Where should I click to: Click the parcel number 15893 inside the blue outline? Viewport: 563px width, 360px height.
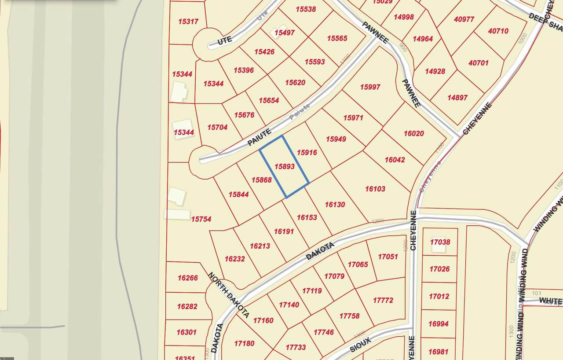pos(284,166)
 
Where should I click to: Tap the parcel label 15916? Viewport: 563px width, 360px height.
pos(307,153)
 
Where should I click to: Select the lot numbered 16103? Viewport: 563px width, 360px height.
pos(375,189)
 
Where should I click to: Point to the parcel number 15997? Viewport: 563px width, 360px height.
pos(370,87)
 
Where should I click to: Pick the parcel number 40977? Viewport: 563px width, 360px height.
pos(464,19)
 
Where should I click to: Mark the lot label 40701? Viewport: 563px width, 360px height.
pos(478,63)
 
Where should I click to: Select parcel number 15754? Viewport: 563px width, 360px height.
pos(201,219)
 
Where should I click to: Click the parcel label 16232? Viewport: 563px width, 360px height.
pos(234,259)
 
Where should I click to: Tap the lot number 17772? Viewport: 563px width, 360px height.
pos(383,300)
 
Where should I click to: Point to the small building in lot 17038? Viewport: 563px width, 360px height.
pos(438,247)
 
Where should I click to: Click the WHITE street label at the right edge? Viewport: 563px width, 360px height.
pos(550,301)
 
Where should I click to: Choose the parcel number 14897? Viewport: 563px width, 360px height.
pos(457,98)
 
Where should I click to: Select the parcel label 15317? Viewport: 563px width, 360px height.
pos(188,21)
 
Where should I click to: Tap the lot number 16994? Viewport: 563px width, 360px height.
pos(438,324)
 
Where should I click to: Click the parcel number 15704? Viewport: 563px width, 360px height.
pos(217,127)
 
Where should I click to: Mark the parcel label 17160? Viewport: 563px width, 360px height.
pos(263,320)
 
